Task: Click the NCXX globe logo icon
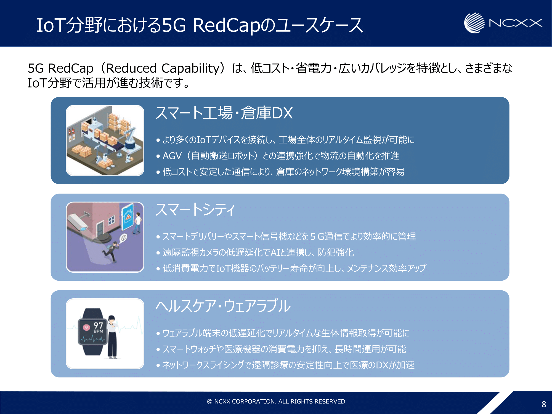click(x=474, y=23)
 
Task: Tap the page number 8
click(x=544, y=404)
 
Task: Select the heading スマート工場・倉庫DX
click(x=224, y=113)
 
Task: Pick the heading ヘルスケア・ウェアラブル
click(x=223, y=306)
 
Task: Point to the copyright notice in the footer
click(x=276, y=401)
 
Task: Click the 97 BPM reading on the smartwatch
click(x=98, y=327)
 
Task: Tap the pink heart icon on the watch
click(x=87, y=327)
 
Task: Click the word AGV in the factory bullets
click(x=172, y=156)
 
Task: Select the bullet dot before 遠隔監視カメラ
click(x=158, y=253)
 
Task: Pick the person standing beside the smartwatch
click(x=112, y=337)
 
